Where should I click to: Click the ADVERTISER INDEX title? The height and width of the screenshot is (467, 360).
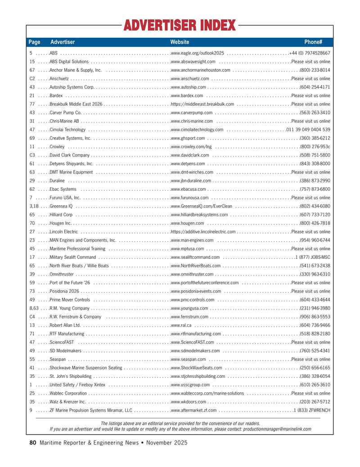tap(180, 26)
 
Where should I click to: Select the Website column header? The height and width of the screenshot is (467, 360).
tap(180, 42)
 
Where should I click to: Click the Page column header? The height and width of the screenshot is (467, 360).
tap(34, 42)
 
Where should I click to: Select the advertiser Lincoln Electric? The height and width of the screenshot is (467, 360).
tap(64, 232)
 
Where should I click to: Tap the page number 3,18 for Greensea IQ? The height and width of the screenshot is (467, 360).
tap(34, 206)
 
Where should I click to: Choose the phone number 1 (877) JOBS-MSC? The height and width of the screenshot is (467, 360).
tap(313, 257)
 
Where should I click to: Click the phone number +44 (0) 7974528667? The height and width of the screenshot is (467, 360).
tap(310, 53)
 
